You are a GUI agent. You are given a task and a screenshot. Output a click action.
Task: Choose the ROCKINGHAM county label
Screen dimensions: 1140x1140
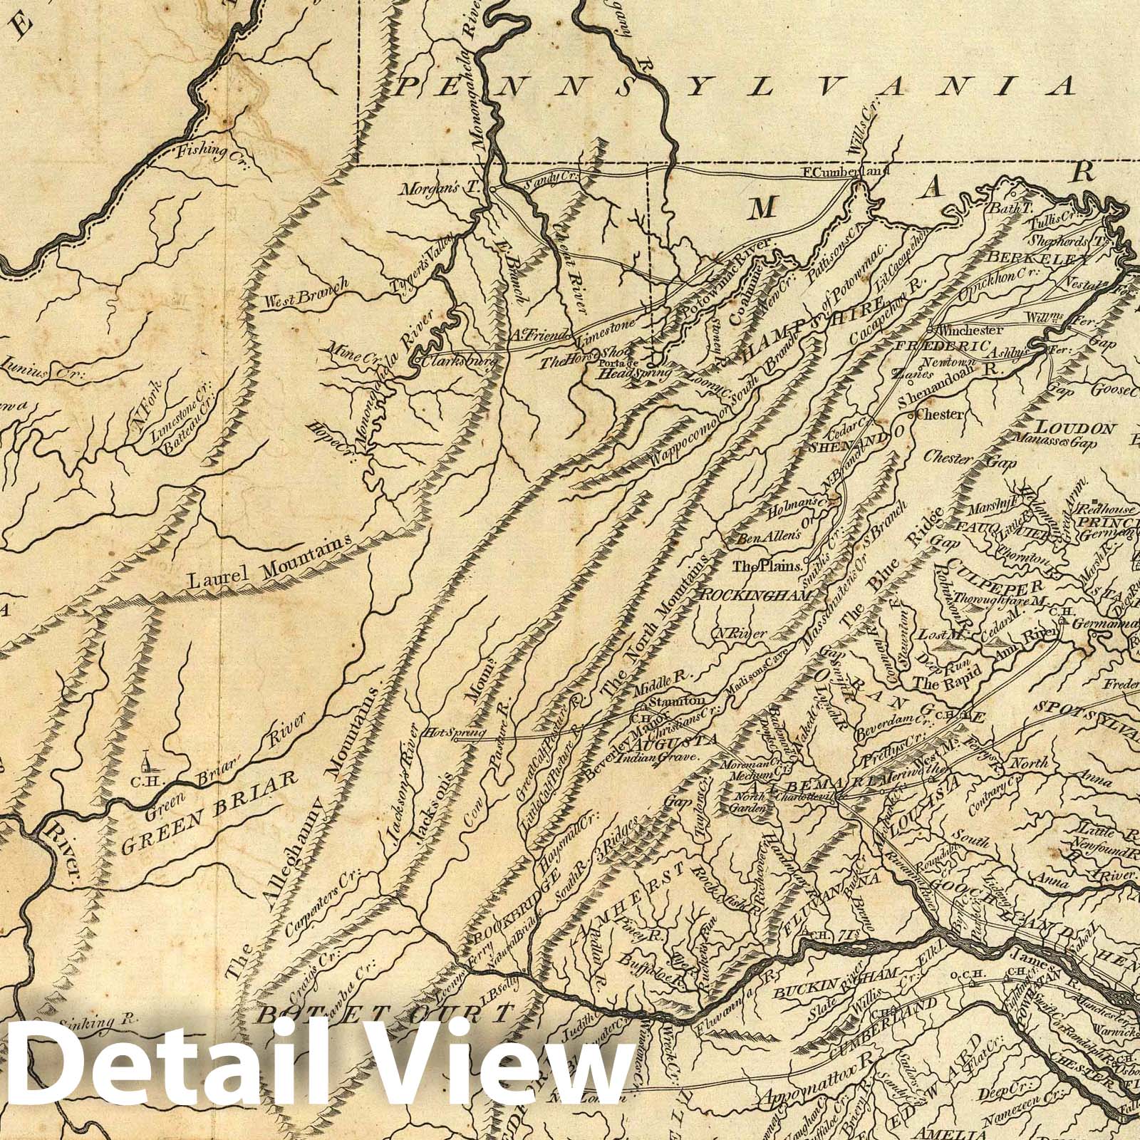[x=757, y=594]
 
